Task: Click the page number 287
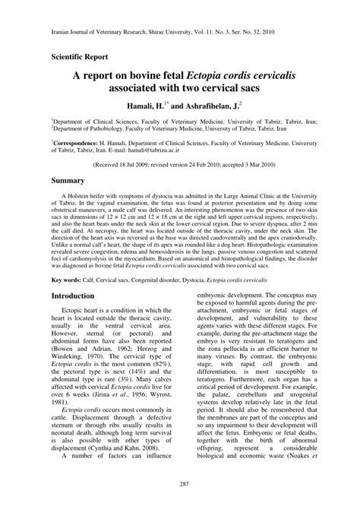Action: [180, 483]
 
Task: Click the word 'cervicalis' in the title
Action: [254, 77]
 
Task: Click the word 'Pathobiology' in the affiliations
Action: [98, 127]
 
